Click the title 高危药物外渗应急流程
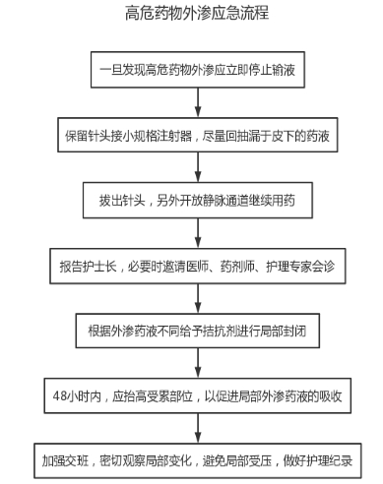click(197, 14)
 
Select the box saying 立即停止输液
click(198, 70)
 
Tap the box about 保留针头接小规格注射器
click(198, 135)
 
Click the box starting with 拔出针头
click(198, 200)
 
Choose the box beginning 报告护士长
click(198, 266)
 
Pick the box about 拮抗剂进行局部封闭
click(198, 331)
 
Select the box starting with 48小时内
click(198, 395)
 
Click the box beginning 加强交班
click(198, 460)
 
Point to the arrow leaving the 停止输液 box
click(198, 102)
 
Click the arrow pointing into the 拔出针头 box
click(198, 167)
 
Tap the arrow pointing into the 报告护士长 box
click(198, 233)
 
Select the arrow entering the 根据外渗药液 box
click(198, 299)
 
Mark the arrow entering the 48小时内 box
click(198, 363)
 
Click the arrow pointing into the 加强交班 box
click(198, 428)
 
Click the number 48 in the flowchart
click(60, 396)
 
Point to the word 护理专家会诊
click(300, 267)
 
